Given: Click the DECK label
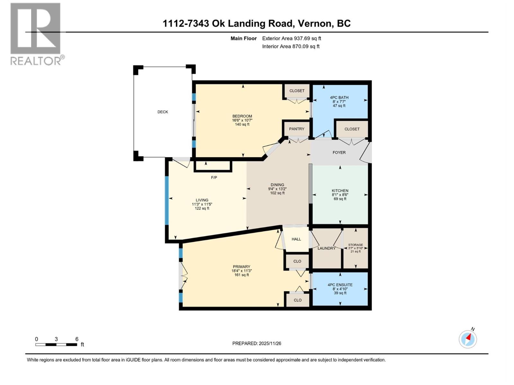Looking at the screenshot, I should [x=163, y=112].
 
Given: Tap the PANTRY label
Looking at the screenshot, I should [x=297, y=129].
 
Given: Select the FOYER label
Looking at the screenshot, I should [x=339, y=152].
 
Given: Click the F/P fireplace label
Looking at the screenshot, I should [x=214, y=177].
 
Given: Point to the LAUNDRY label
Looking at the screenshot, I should [x=326, y=248].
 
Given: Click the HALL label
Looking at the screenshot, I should [x=296, y=239].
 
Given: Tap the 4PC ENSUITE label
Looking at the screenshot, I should [x=340, y=285].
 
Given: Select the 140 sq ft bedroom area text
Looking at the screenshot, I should [x=242, y=124].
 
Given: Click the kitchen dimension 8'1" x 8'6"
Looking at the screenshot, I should [x=340, y=195].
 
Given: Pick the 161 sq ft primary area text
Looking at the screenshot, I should [x=242, y=275].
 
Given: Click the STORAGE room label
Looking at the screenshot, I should [x=355, y=245].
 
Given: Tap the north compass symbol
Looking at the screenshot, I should [x=468, y=339].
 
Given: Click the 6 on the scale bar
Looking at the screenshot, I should [x=77, y=339].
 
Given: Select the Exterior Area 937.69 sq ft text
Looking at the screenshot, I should [x=291, y=38].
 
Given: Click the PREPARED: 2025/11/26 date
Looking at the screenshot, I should [x=257, y=343].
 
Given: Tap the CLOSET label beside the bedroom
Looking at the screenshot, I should [x=297, y=91].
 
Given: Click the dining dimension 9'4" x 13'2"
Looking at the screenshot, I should [x=277, y=189].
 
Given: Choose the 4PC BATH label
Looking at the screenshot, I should [x=339, y=98].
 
